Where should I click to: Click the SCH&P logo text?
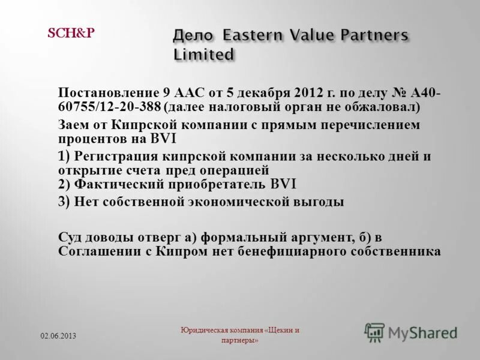coord(70,33)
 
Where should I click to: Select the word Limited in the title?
coord(203,55)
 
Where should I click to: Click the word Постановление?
coord(108,93)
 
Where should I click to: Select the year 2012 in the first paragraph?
coord(310,93)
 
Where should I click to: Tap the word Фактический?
coord(112,184)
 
